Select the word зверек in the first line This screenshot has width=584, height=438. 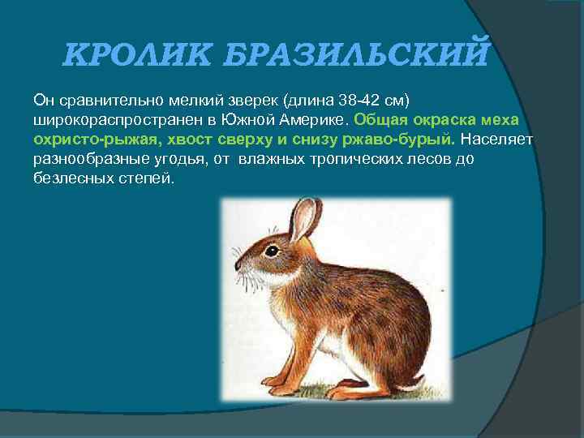coord(247,100)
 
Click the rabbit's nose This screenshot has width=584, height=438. coord(238,264)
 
